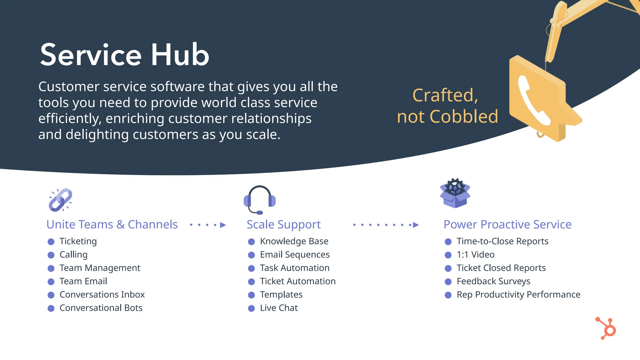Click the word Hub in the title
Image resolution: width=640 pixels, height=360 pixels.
click(180, 55)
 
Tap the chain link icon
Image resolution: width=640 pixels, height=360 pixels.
click(60, 200)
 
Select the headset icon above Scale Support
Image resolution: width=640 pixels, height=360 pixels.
click(259, 199)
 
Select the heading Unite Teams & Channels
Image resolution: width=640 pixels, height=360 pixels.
click(112, 224)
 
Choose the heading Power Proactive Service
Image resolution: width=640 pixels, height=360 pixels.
click(507, 224)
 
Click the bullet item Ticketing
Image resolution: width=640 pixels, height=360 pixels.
click(78, 241)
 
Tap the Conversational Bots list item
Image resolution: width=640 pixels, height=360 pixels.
click(101, 308)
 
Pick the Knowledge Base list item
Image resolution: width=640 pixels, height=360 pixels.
click(294, 241)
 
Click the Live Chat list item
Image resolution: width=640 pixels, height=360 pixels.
click(279, 308)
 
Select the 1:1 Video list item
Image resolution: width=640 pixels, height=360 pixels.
click(475, 255)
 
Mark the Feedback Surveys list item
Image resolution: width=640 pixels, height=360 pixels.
click(493, 281)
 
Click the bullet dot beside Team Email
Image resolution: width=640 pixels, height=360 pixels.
click(51, 282)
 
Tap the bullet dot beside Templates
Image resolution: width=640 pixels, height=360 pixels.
click(252, 295)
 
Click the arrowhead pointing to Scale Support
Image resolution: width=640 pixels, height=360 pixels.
click(223, 225)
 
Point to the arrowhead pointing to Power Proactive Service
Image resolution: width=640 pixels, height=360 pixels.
click(416, 225)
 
